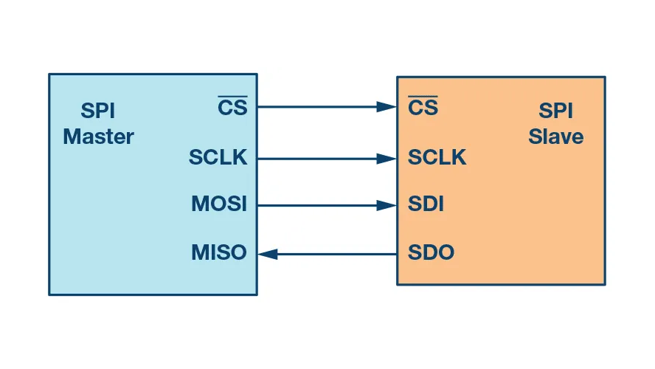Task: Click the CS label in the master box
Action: [x=233, y=108]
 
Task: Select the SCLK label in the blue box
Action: [x=218, y=158]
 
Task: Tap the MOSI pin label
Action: [x=219, y=204]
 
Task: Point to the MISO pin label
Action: [x=219, y=253]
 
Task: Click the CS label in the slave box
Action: [x=423, y=108]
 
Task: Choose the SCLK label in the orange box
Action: [x=437, y=158]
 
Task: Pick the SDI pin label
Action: [x=426, y=204]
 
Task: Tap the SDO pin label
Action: [x=431, y=253]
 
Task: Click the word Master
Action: [x=98, y=137]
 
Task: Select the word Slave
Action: [x=556, y=137]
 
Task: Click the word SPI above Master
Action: [x=98, y=112]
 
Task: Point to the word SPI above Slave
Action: [x=556, y=112]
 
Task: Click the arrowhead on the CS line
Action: [x=387, y=107]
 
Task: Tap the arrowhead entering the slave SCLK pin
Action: [x=387, y=158]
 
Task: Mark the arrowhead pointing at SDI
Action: [x=387, y=205]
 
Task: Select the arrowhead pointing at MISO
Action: [x=268, y=254]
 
